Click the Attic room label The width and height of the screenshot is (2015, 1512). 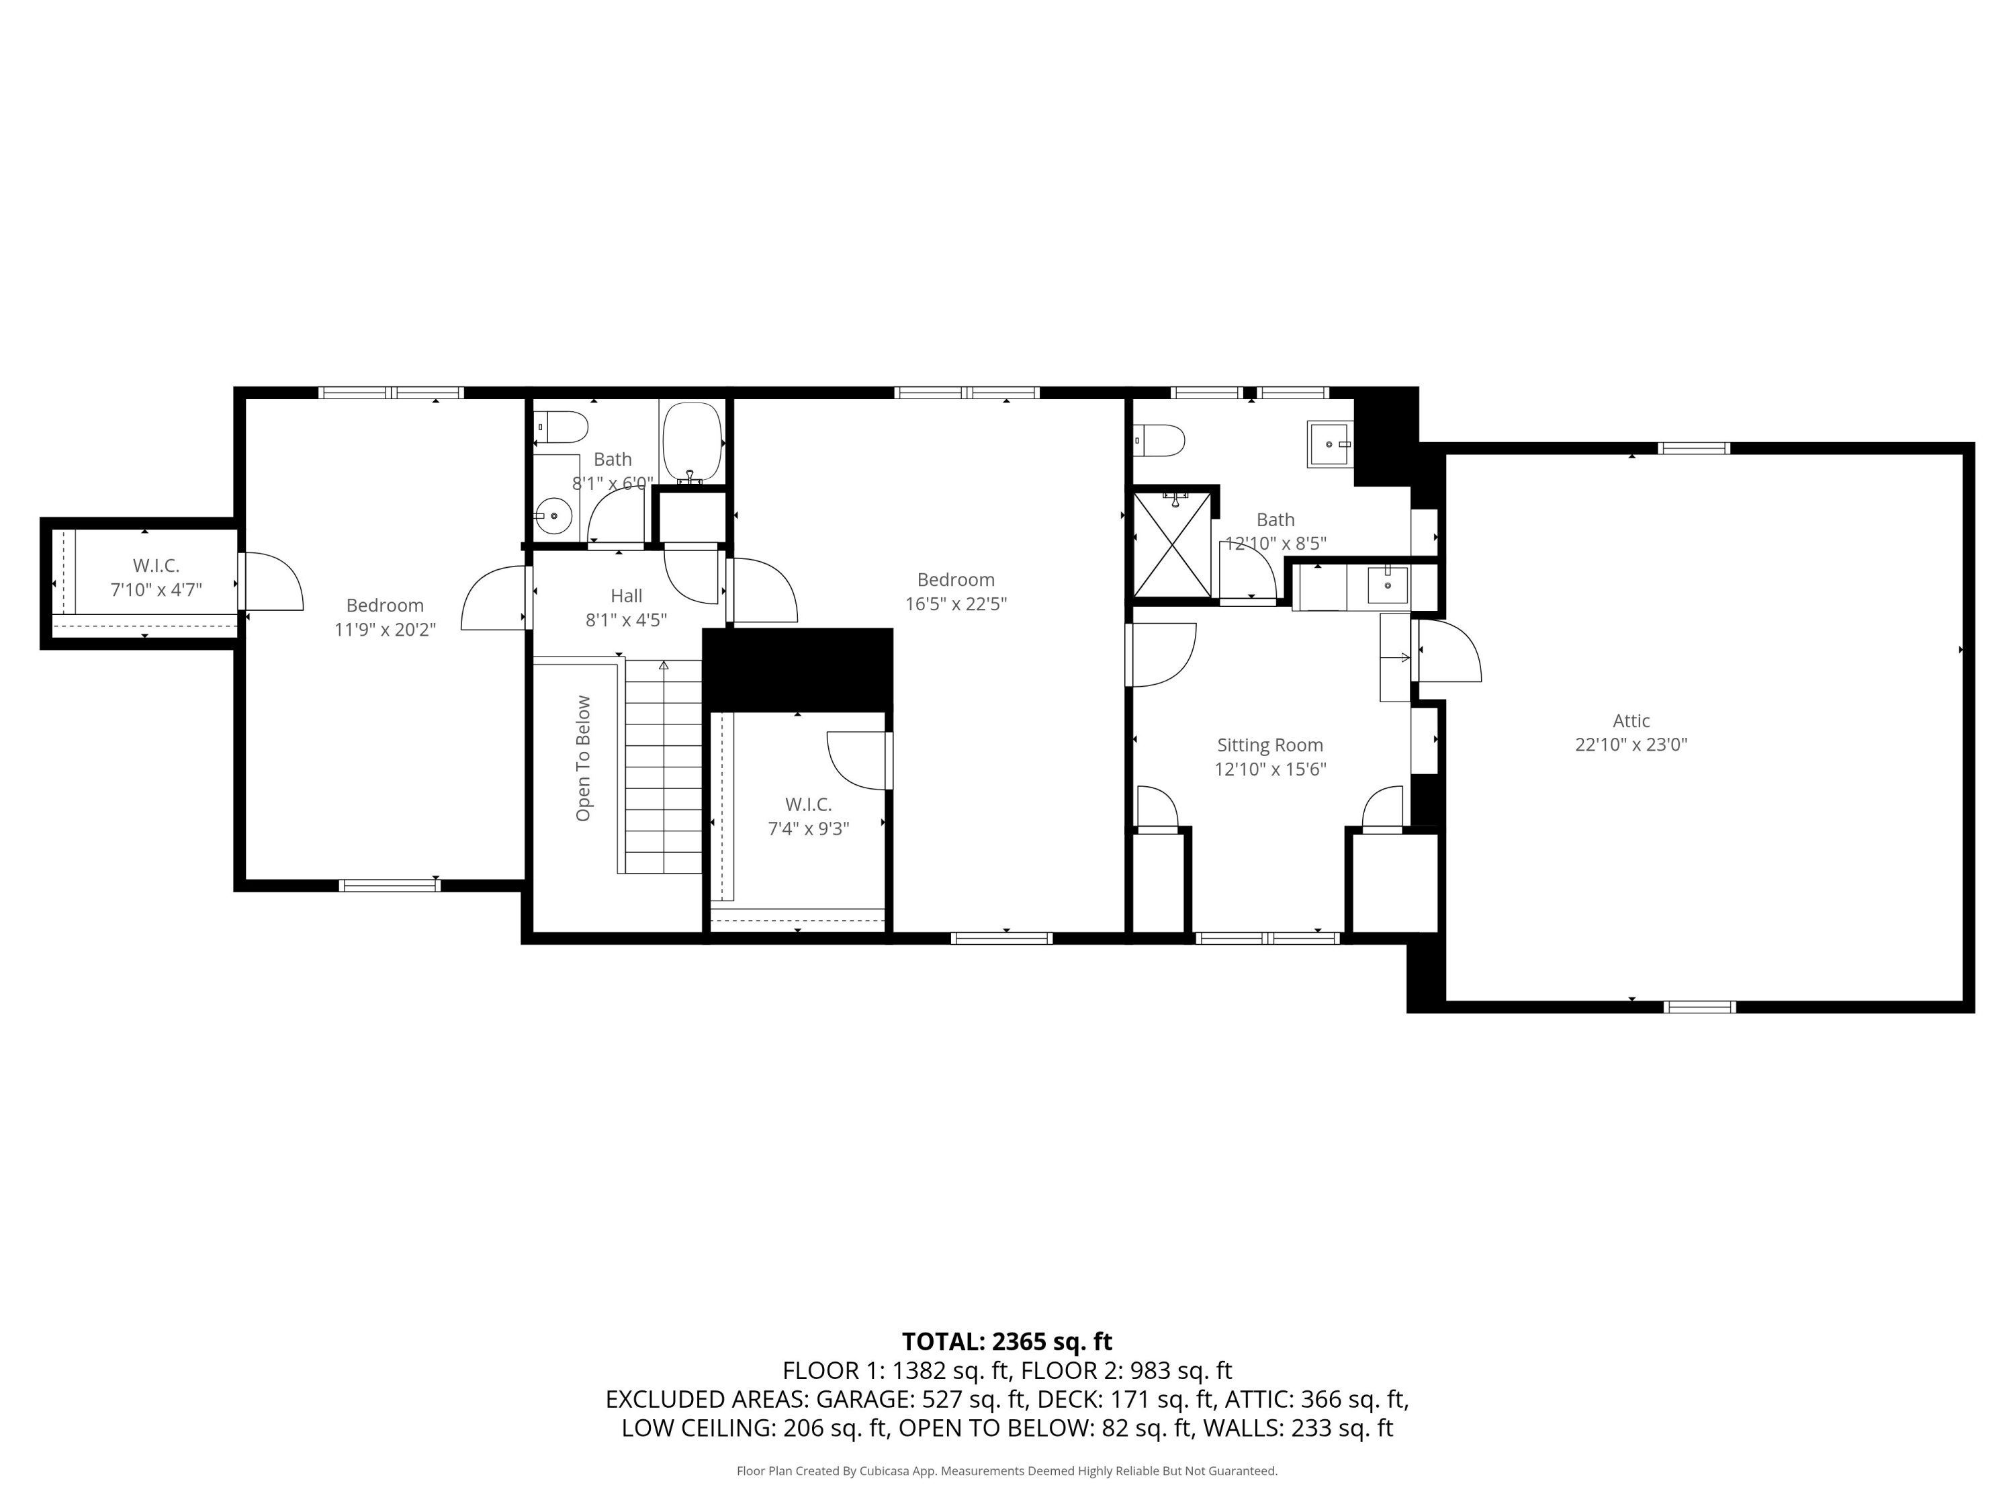pyautogui.click(x=1631, y=720)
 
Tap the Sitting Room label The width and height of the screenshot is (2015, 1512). pyautogui.click(x=1270, y=745)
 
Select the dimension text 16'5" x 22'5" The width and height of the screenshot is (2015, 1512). pyautogui.click(x=956, y=603)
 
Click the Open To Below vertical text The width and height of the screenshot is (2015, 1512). pyautogui.click(x=583, y=758)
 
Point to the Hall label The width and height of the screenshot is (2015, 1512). pyautogui.click(x=626, y=596)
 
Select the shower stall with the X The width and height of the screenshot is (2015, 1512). pyautogui.click(x=1172, y=545)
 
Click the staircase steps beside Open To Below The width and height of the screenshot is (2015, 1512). pyautogui.click(x=663, y=767)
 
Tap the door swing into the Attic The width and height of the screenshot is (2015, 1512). pyautogui.click(x=1448, y=650)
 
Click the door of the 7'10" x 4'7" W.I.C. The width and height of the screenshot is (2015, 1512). pyautogui.click(x=271, y=581)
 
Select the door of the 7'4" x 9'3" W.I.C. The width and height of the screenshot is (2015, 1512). pyautogui.click(x=858, y=760)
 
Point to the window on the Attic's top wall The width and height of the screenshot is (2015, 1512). pyautogui.click(x=1693, y=448)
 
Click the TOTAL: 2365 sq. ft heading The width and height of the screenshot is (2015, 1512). pyautogui.click(x=1007, y=1341)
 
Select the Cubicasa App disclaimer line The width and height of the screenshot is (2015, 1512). pyautogui.click(x=1007, y=1470)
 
